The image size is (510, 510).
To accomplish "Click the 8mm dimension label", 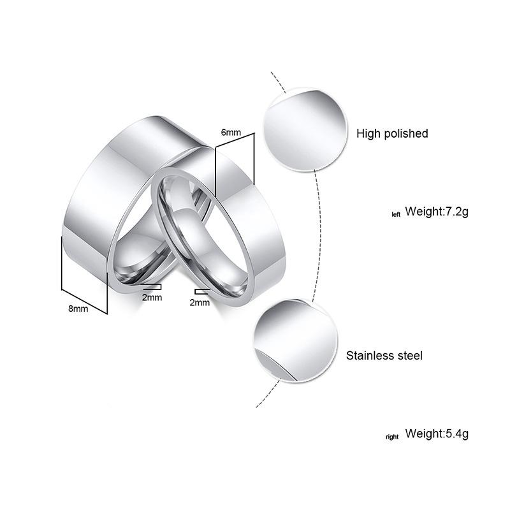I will (78, 309).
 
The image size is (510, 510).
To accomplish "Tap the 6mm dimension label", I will (230, 132).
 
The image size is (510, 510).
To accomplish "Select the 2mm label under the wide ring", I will (152, 297).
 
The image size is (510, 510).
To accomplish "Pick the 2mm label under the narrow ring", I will (200, 302).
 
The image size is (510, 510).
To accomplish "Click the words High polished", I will (392, 133).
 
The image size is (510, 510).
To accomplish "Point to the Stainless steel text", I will (384, 356).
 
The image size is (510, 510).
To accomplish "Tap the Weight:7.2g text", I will (437, 212).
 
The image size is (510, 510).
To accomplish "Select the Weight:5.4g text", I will (437, 434).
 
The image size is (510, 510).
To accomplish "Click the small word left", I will (396, 215).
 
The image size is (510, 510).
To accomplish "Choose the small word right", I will (392, 437).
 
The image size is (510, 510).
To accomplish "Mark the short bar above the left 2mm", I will (152, 287).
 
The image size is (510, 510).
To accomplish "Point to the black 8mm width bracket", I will (83, 274).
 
